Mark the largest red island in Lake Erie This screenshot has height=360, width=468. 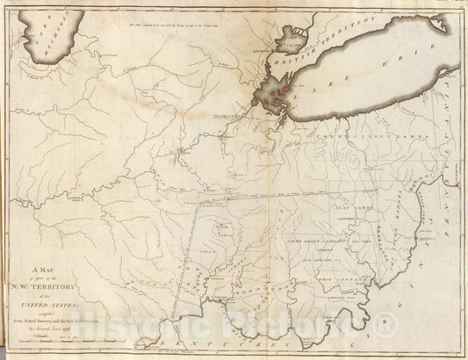(x=284, y=90)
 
